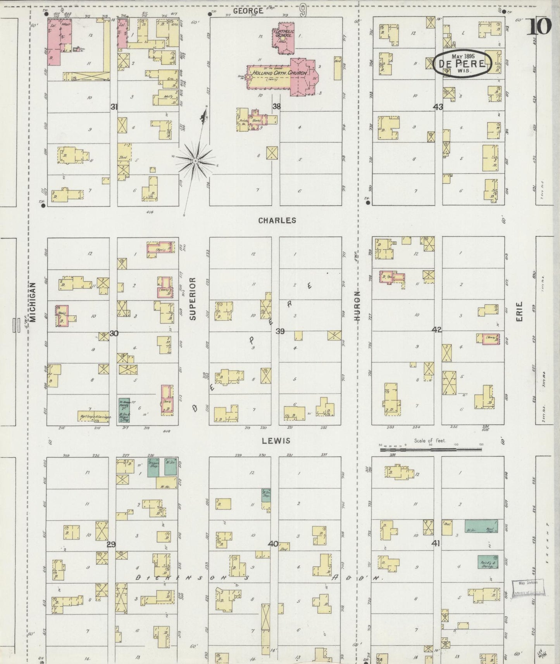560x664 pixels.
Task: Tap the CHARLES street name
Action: pyautogui.click(x=277, y=220)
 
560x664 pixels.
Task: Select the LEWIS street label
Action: pyautogui.click(x=276, y=441)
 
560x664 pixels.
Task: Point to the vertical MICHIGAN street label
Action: pyautogui.click(x=33, y=302)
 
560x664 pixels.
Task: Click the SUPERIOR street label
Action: pyautogui.click(x=193, y=298)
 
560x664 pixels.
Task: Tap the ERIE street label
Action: pyautogui.click(x=519, y=311)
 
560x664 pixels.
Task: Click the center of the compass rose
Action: pyautogui.click(x=196, y=161)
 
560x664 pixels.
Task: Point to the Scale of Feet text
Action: pyautogui.click(x=430, y=441)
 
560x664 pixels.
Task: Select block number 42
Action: pyautogui.click(x=437, y=330)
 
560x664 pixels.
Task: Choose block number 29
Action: pyautogui.click(x=111, y=545)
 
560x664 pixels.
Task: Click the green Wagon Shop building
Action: pyautogui.click(x=153, y=467)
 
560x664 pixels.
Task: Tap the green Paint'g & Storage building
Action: pyautogui.click(x=488, y=562)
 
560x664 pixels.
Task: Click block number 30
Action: pyautogui.click(x=114, y=333)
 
